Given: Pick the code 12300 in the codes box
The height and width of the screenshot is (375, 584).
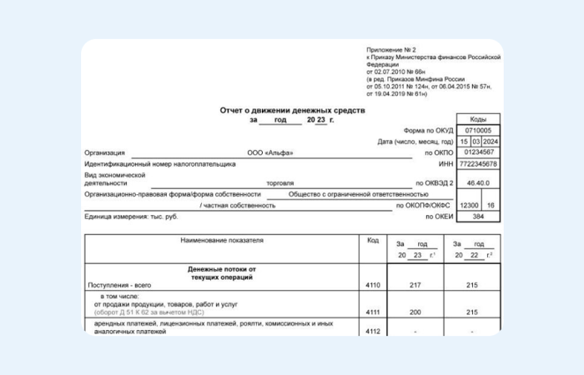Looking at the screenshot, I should (470, 205).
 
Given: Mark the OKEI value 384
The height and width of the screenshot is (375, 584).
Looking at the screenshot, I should (478, 217).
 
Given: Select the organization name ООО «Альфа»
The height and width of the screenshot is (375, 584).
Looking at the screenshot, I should (271, 153).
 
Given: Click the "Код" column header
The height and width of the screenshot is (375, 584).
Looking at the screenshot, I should (372, 240).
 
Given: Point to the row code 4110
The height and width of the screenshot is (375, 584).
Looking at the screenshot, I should (372, 286).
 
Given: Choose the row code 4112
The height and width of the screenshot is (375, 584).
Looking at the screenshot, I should (372, 331).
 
